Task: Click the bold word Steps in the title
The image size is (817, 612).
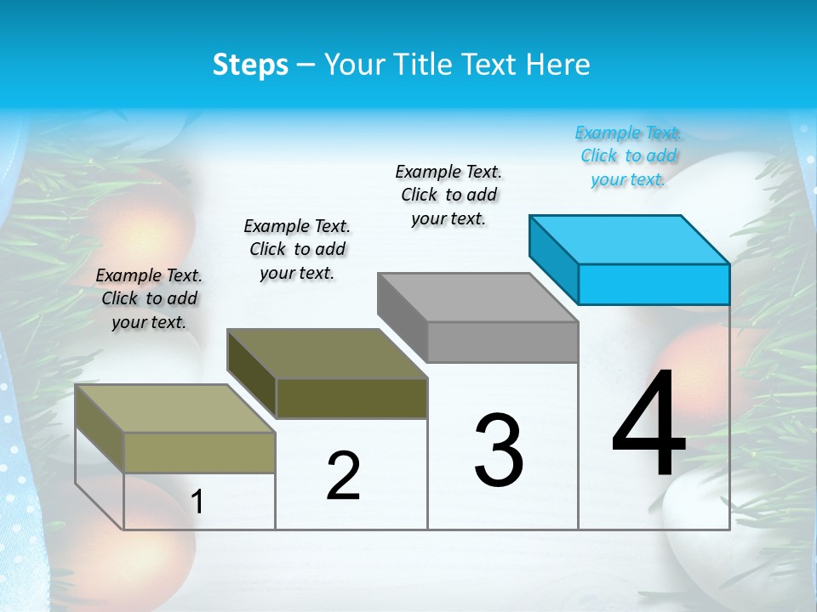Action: (250, 65)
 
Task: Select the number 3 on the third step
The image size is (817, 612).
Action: (499, 450)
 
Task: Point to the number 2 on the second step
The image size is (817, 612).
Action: (343, 476)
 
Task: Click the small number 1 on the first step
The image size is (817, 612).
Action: (197, 502)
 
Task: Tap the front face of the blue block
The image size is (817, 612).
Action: (654, 284)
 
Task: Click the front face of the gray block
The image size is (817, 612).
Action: (502, 343)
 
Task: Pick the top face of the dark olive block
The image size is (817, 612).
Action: (327, 354)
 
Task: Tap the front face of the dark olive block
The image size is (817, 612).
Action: (351, 398)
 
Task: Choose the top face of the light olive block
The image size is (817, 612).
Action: (175, 409)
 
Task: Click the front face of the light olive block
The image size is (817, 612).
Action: (199, 452)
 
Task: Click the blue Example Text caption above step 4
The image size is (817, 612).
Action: (628, 156)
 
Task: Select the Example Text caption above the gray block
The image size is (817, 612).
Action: (448, 195)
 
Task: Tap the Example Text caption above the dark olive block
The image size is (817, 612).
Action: (297, 249)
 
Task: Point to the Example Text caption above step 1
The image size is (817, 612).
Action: (149, 298)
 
